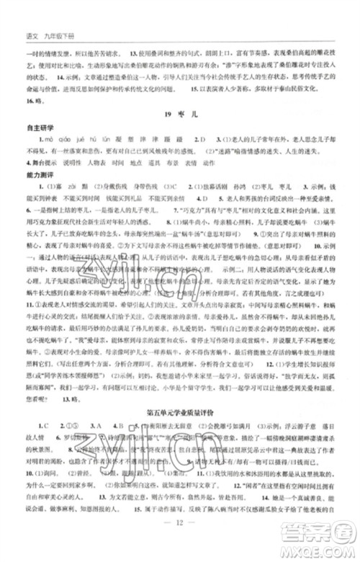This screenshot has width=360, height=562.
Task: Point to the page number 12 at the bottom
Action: tap(180, 541)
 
